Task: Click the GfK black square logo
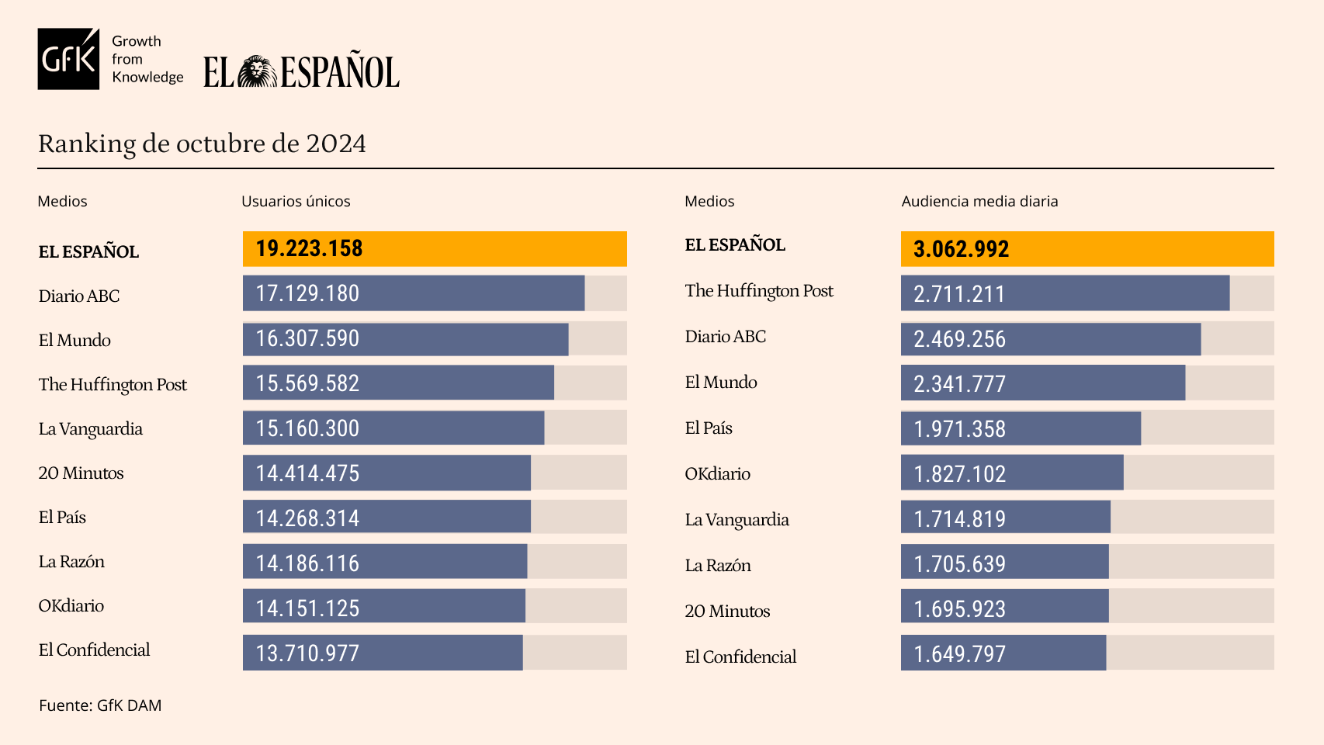68,59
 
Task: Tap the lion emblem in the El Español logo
257,71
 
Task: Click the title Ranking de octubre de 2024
202,144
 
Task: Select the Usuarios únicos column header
296,201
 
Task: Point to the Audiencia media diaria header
979,201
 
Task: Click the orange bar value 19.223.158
309,248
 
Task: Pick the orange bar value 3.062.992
961,249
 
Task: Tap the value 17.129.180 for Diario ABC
307,293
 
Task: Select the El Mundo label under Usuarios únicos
75,340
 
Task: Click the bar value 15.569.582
307,383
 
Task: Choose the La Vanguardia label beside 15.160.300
91,428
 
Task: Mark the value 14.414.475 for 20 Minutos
307,473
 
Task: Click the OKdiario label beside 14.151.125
71,605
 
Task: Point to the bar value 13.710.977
307,653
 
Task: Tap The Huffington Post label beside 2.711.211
759,290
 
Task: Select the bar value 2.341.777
959,384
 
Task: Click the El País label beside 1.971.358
709,428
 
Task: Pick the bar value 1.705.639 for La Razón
959,564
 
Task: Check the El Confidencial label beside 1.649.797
740,657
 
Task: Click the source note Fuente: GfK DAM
100,705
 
